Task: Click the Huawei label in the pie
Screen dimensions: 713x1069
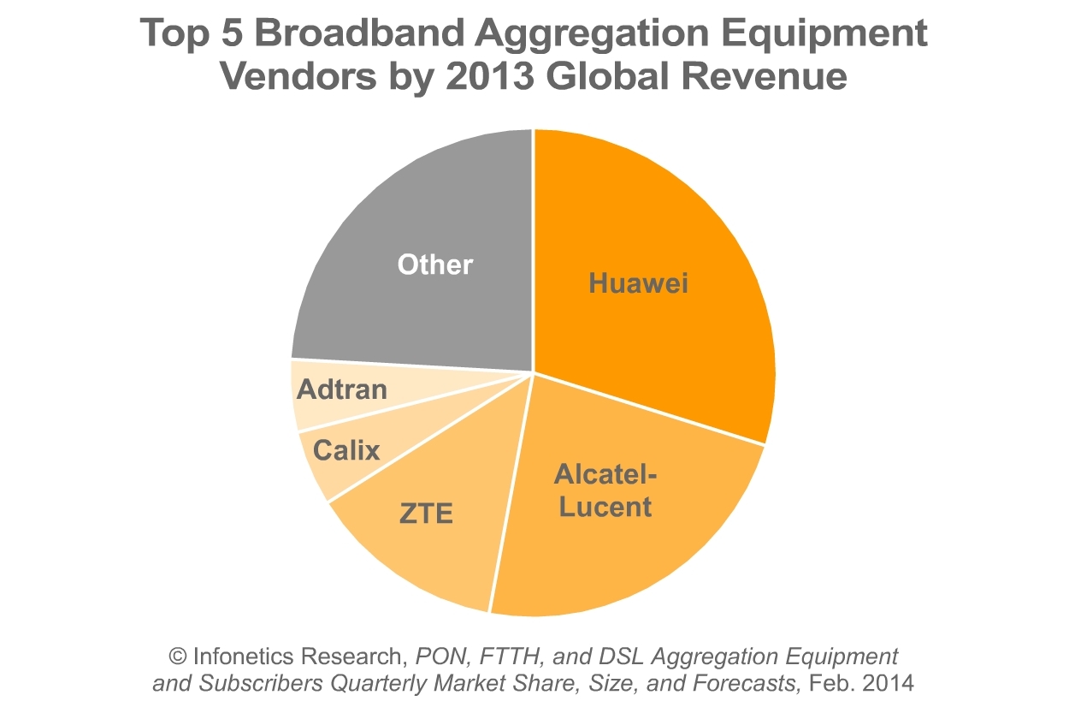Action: (x=638, y=283)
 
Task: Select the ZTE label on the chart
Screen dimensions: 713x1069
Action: (x=426, y=514)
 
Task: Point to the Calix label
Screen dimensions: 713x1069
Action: (x=346, y=449)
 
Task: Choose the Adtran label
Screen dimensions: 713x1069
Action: (x=342, y=389)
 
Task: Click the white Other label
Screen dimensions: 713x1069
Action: (x=434, y=264)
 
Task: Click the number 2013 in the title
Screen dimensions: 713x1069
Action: (x=483, y=76)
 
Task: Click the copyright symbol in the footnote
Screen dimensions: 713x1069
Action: (x=179, y=657)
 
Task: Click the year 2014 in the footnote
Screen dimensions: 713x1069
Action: (x=889, y=684)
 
